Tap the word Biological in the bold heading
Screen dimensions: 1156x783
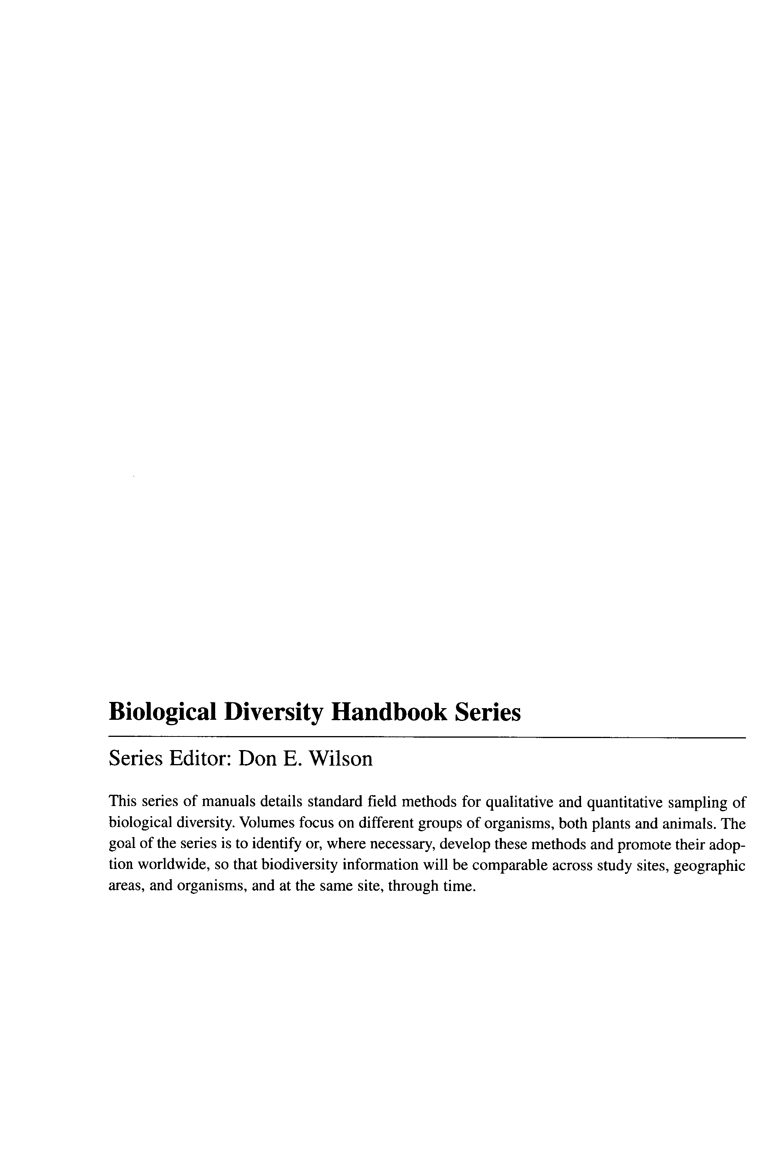point(162,713)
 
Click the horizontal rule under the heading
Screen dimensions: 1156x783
point(427,737)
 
